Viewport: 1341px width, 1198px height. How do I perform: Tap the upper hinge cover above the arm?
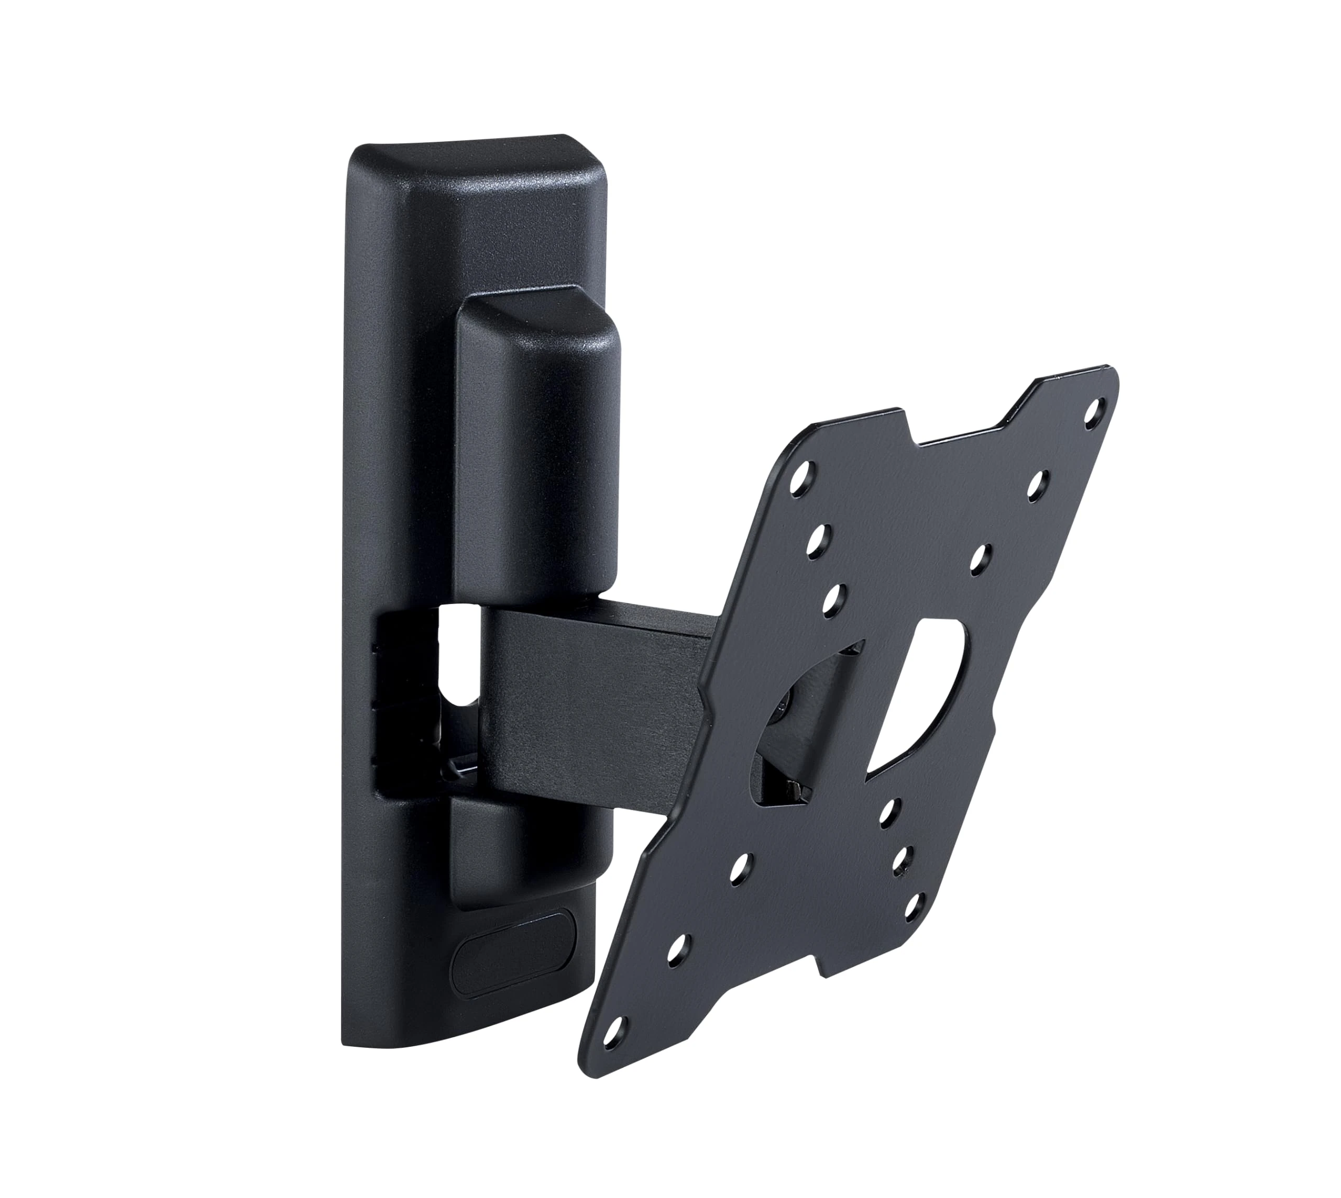537,447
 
